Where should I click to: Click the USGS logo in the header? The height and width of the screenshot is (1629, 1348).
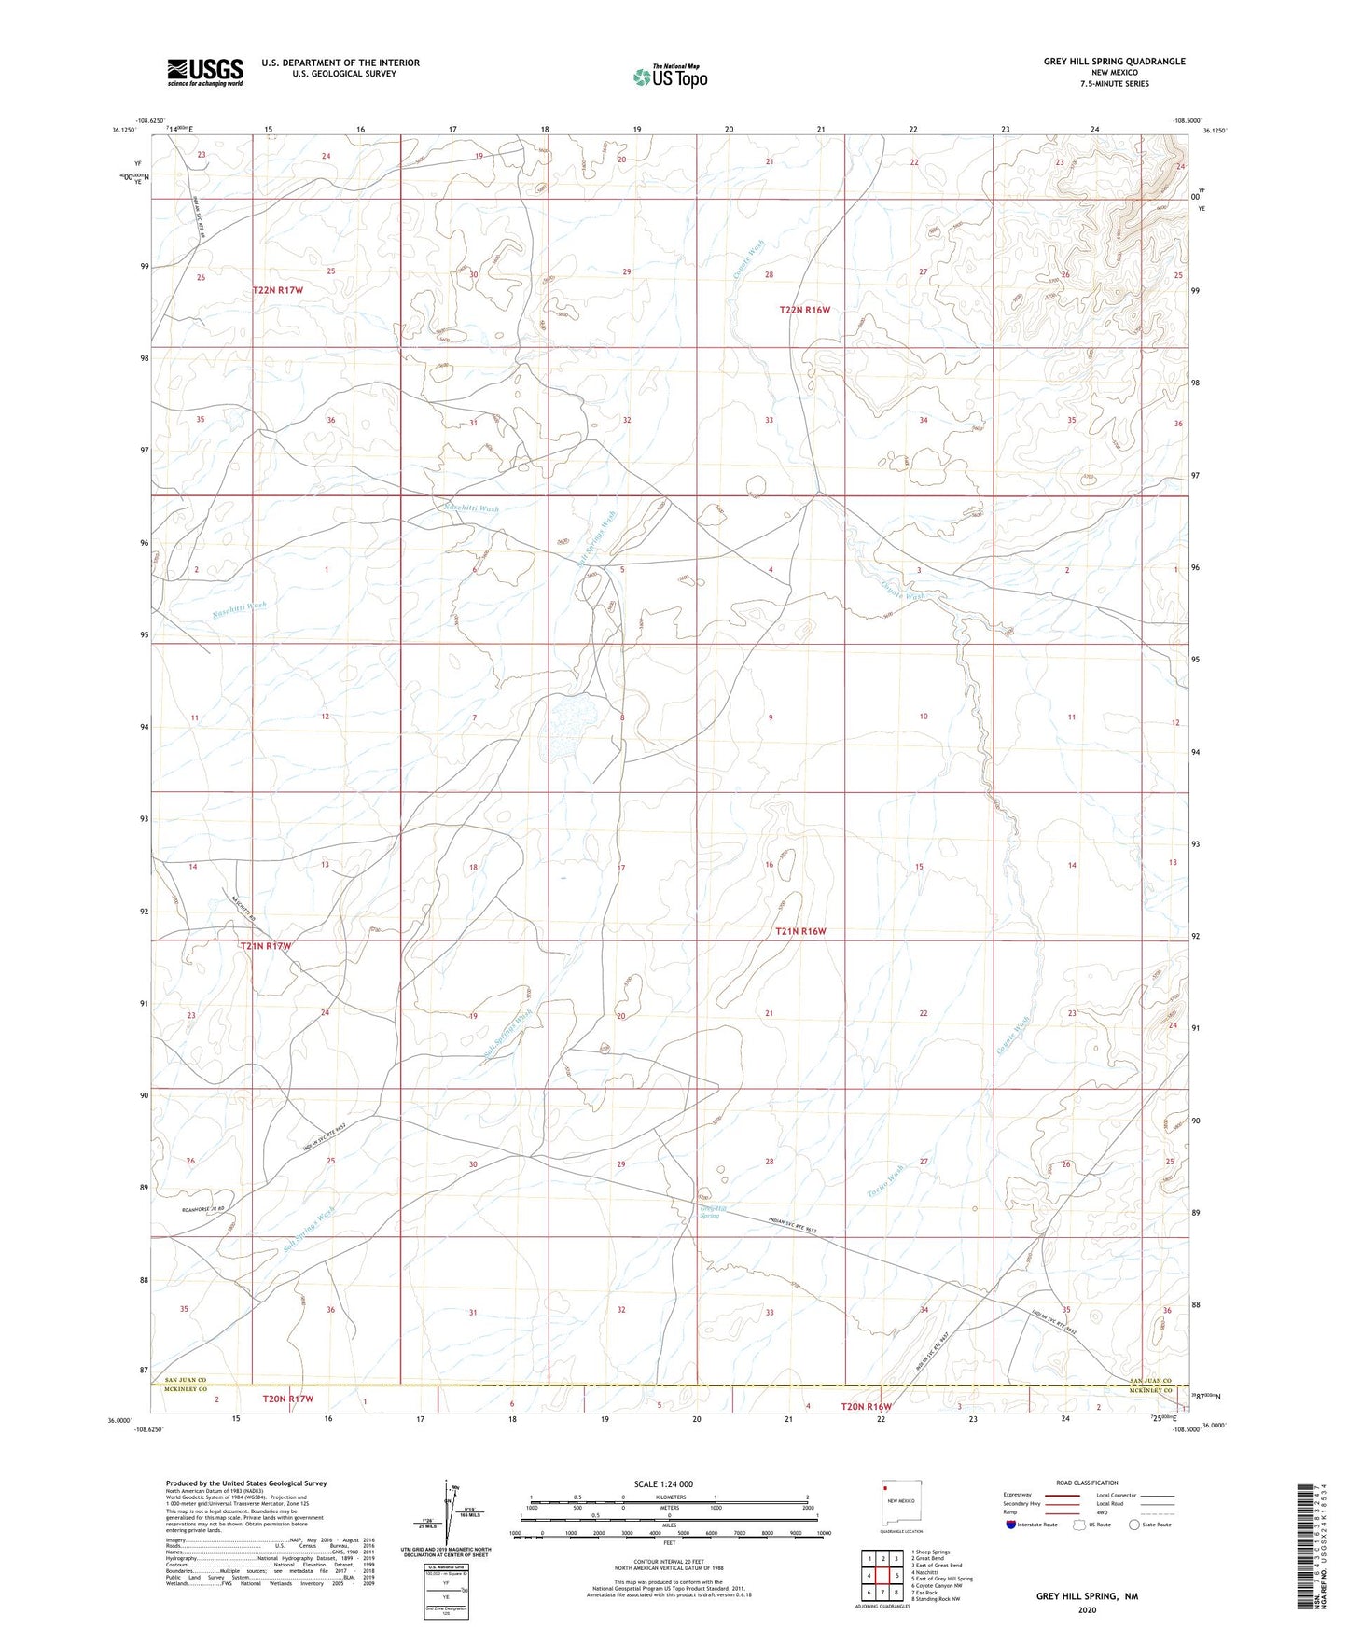pos(205,71)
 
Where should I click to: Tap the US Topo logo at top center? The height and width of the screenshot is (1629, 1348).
pos(670,76)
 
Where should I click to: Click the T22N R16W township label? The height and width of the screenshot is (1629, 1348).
pos(804,310)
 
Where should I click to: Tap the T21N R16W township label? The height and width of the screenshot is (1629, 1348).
pos(801,931)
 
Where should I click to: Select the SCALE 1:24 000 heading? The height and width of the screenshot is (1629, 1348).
pos(662,1483)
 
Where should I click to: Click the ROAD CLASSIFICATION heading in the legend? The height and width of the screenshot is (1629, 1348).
pos(1087,1483)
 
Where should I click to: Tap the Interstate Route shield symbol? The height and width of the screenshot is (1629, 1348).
pos(1012,1525)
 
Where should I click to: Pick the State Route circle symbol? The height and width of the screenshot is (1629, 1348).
pos(1133,1525)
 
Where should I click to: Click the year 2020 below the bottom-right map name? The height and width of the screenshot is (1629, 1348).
pos(1087,1609)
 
